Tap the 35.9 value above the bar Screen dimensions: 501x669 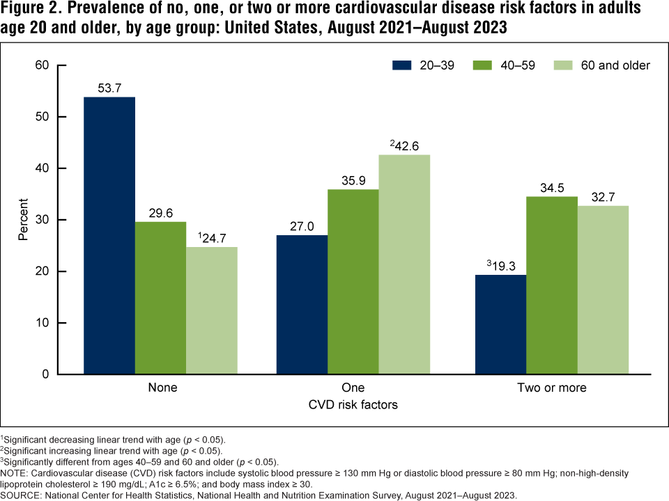pos(353,180)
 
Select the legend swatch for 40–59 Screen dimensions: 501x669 pos(486,65)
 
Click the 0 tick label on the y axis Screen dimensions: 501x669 pos(45,374)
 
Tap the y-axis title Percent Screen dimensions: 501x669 pos(22,220)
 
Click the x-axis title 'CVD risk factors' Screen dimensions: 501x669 pos(353,404)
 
